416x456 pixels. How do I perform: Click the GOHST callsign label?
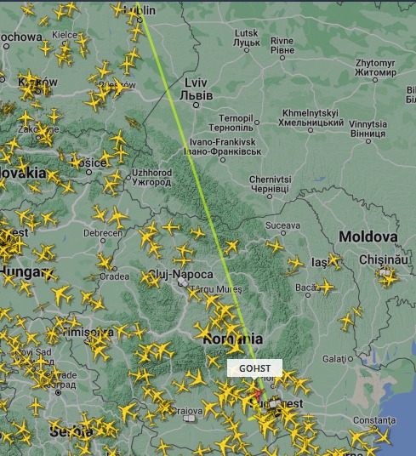point(255,368)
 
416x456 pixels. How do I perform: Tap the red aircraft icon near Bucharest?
point(256,392)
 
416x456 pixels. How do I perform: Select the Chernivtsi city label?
point(271,185)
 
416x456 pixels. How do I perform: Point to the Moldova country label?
point(368,236)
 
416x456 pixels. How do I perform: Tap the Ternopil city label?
point(236,122)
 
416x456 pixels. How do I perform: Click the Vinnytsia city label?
point(367,128)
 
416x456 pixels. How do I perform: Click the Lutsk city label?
point(246,37)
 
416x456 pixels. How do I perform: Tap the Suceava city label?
point(283,225)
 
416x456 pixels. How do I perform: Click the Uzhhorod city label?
point(152,177)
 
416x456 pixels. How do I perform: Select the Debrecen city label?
point(101,232)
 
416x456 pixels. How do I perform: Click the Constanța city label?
point(375,420)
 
